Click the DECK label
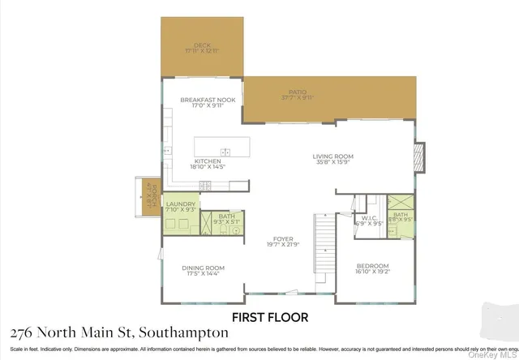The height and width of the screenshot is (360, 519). click(x=203, y=45)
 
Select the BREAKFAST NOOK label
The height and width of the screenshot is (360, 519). click(x=203, y=100)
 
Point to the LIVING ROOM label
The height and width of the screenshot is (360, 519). click(x=333, y=156)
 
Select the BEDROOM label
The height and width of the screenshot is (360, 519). click(x=373, y=266)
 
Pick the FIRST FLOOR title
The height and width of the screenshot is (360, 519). click(x=270, y=317)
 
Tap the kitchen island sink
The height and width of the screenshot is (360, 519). click(x=225, y=152)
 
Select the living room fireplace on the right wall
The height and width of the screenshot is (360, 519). click(x=419, y=154)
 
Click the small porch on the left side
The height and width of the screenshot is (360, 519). click(x=149, y=198)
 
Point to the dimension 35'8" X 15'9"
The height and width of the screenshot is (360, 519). click(x=333, y=163)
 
